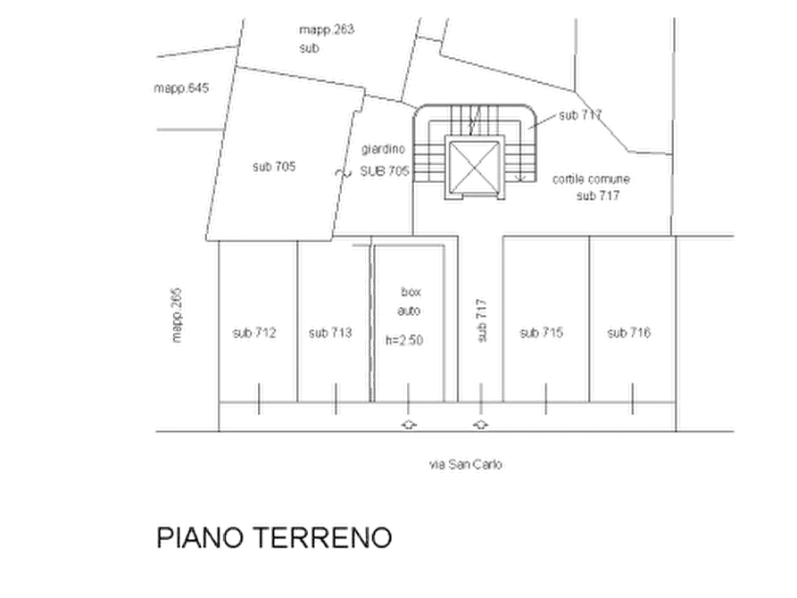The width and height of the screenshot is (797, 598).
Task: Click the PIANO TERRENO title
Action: (274, 538)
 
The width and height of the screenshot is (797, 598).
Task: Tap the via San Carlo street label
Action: (466, 464)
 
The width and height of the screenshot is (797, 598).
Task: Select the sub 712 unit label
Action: (254, 333)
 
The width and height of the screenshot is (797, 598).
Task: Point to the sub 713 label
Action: (330, 333)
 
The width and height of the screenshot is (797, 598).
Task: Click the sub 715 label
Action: (542, 333)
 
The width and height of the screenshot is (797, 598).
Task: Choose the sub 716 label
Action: (628, 333)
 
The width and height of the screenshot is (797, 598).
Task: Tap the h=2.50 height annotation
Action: (404, 340)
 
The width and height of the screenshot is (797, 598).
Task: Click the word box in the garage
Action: (411, 292)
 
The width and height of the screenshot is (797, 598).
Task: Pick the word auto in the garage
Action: (409, 311)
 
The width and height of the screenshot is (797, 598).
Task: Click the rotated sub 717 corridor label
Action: (482, 320)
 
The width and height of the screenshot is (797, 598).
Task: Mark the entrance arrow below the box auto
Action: (409, 425)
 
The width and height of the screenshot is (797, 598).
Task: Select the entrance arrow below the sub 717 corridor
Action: (481, 425)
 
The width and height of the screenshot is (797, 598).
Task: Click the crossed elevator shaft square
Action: (474, 167)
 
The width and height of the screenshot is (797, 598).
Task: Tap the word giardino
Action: (383, 149)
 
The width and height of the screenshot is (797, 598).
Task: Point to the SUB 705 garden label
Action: (385, 170)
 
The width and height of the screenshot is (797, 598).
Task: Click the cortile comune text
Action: (591, 179)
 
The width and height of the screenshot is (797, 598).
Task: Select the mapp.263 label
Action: (327, 29)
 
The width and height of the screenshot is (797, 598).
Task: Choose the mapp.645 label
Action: (181, 88)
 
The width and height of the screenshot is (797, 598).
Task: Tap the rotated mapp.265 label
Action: (177, 315)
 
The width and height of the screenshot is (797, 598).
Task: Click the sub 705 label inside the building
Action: (274, 166)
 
